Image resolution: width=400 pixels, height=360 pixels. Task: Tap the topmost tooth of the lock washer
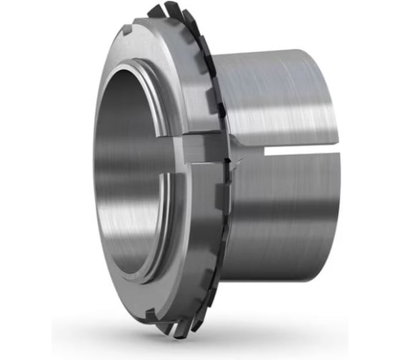pos(159,11)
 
